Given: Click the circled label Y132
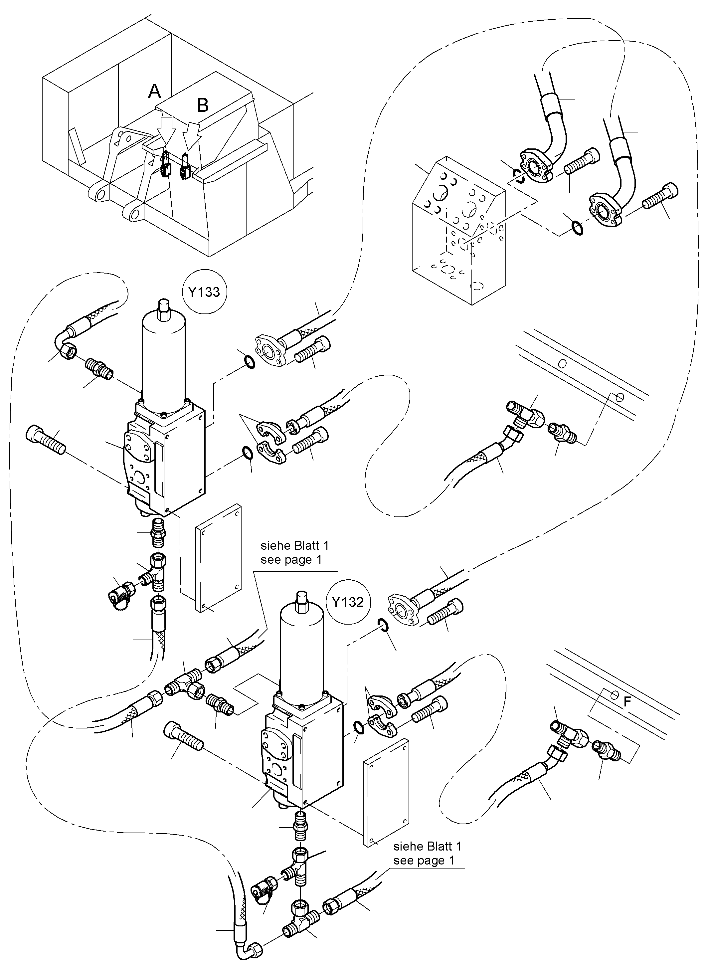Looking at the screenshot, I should point(347,602).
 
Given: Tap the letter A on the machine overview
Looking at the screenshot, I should point(154,91).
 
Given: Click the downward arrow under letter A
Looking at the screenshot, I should point(166,129).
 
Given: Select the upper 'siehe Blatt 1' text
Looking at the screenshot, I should point(295,545).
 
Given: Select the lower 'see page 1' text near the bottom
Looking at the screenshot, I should point(424,861).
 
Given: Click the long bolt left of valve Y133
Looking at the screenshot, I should point(46,440).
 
